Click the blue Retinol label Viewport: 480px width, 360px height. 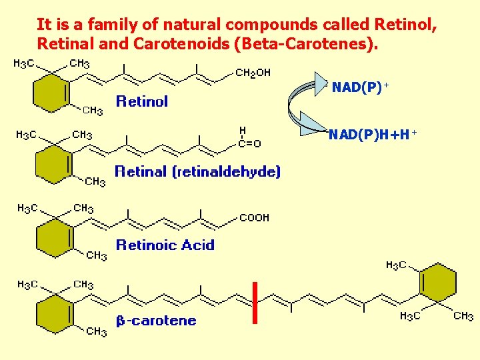(x=142, y=101)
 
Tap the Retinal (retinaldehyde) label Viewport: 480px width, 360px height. (x=197, y=171)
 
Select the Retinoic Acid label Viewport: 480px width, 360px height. (x=165, y=245)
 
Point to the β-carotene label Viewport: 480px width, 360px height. (x=157, y=321)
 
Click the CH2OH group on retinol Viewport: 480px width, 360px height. (x=253, y=72)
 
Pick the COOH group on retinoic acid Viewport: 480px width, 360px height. (x=254, y=217)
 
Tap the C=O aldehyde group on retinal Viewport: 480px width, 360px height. (x=250, y=143)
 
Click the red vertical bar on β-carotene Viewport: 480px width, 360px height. (x=254, y=303)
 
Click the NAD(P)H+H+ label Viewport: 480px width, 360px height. (x=372, y=135)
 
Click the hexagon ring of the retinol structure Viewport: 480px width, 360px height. (x=51, y=91)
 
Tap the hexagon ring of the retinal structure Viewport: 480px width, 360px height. (x=53, y=163)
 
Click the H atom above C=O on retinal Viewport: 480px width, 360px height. (x=243, y=131)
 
